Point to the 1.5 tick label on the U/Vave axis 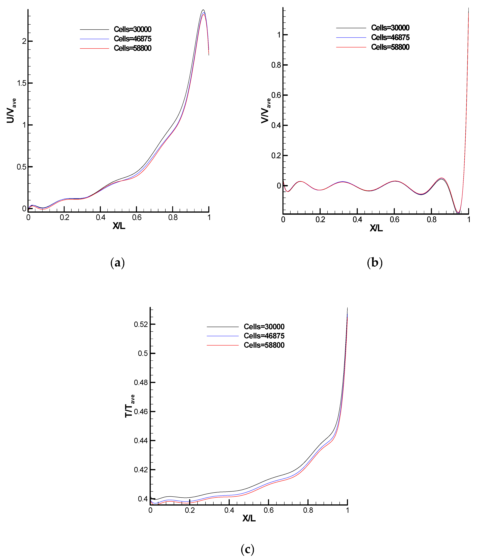22,83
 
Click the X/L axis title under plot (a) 119,226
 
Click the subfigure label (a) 117,263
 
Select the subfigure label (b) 375,263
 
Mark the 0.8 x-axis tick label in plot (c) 308,510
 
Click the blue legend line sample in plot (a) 94,39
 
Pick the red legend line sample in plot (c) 223,345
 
